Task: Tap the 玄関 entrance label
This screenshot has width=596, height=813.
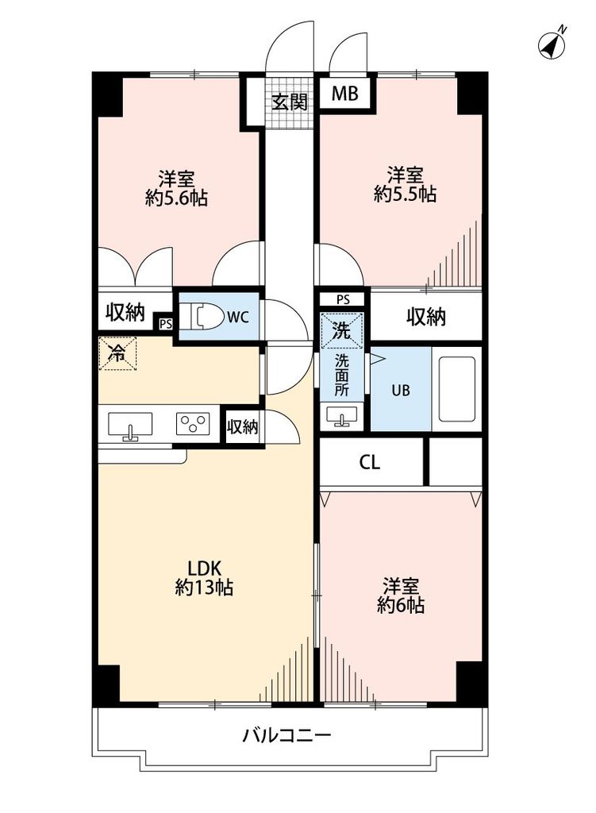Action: click(x=289, y=102)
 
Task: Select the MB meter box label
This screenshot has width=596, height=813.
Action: click(x=344, y=94)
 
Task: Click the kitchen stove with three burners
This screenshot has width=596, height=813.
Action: click(x=193, y=424)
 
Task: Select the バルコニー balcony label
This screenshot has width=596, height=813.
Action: click(x=286, y=734)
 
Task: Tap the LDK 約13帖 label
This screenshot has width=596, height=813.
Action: click(x=204, y=578)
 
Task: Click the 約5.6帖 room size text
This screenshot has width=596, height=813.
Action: click(x=176, y=198)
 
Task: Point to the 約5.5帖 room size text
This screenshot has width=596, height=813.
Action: click(x=405, y=194)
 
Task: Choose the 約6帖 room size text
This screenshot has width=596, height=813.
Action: click(x=401, y=606)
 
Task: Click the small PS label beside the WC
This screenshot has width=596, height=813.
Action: click(x=165, y=323)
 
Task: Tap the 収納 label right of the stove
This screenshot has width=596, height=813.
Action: click(x=243, y=427)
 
